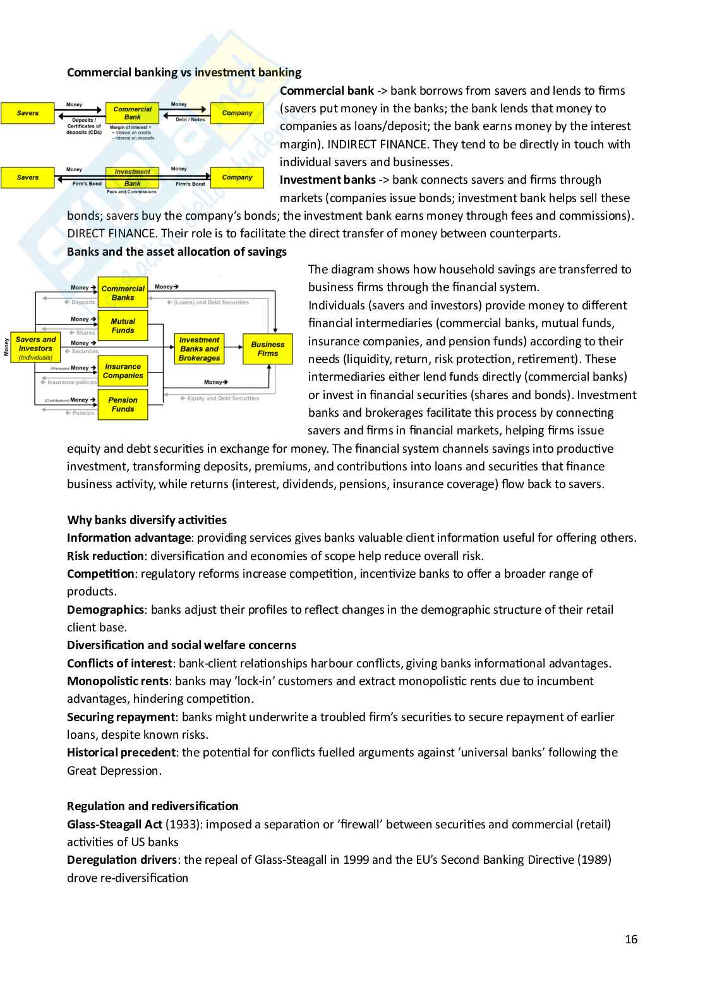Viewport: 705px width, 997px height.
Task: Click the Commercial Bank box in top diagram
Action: point(132,113)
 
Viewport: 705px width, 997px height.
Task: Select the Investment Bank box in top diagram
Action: point(132,177)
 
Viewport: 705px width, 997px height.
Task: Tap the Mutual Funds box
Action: point(123,326)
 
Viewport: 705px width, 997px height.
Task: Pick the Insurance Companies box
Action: point(123,371)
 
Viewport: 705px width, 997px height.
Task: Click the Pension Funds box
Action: point(123,405)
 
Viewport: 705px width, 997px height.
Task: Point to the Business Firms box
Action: point(267,349)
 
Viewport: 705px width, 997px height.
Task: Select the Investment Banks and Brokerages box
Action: point(199,349)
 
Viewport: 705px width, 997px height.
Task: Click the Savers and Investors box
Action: point(35,348)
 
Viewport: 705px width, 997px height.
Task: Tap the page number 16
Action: point(631,940)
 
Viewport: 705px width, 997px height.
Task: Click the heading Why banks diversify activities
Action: point(147,520)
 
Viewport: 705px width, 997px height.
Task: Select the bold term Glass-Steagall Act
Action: point(114,825)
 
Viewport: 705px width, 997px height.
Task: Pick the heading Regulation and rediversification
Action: point(152,806)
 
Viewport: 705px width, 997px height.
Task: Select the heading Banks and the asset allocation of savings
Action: point(176,252)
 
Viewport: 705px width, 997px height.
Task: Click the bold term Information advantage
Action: point(128,538)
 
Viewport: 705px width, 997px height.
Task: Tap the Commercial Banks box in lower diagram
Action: point(123,293)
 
